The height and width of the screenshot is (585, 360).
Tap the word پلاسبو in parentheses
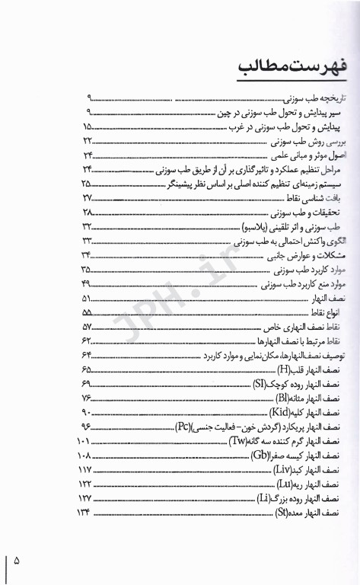click(257, 226)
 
